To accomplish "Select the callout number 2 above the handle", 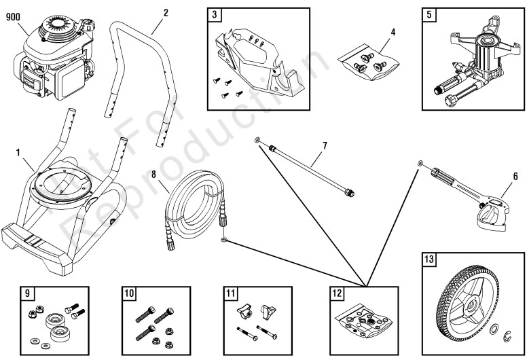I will [166, 12].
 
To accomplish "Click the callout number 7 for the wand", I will [325, 145].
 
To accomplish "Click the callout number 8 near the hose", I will [154, 175].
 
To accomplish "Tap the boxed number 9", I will [26, 293].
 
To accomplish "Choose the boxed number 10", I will [129, 293].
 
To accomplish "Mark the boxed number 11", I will [230, 293].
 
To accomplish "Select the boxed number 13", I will [428, 260].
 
